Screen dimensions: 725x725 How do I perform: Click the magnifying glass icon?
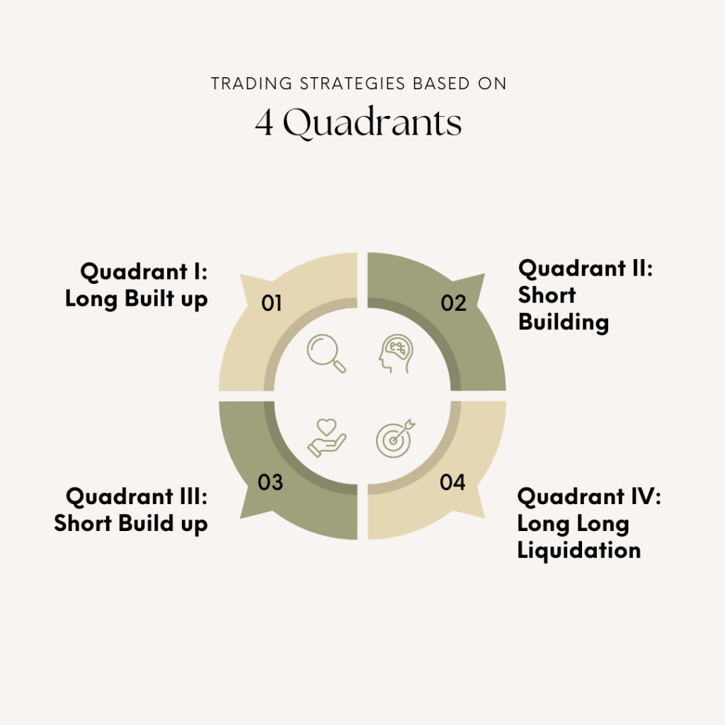pyautogui.click(x=326, y=353)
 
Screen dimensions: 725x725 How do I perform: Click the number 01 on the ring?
pyautogui.click(x=272, y=304)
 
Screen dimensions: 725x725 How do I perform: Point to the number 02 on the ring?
pyautogui.click(x=453, y=303)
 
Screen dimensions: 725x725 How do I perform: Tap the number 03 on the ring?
pyautogui.click(x=270, y=483)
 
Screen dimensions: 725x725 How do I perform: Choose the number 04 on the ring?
pyautogui.click(x=452, y=483)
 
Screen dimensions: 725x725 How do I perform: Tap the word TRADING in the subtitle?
pyautogui.click(x=244, y=84)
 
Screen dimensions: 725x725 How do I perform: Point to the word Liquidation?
pyautogui.click(x=578, y=550)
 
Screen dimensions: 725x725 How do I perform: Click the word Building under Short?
pyautogui.click(x=563, y=322)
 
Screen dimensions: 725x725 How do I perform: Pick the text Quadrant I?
pyautogui.click(x=144, y=272)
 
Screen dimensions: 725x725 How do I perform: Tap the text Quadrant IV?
pyautogui.click(x=589, y=496)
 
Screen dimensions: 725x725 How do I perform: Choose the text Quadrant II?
pyautogui.click(x=585, y=268)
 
